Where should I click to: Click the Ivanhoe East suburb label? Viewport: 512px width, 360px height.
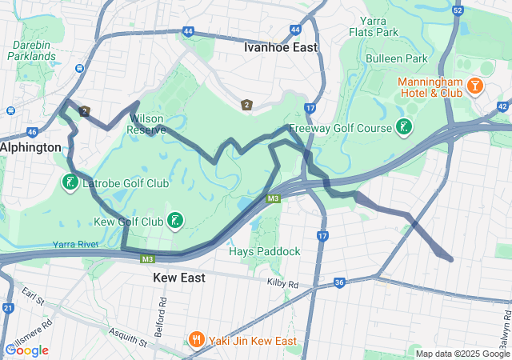(x=280, y=47)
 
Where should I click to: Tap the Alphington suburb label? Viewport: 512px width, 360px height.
(x=30, y=147)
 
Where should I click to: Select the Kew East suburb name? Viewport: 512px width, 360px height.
(x=178, y=278)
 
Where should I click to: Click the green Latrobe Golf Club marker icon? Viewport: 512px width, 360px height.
(x=70, y=183)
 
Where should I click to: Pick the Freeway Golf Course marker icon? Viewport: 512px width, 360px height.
(x=405, y=127)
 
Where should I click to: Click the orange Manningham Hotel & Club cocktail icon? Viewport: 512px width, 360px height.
(x=474, y=85)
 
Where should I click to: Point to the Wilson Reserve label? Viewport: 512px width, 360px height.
(x=147, y=123)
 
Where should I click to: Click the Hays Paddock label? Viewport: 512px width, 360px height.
(x=264, y=251)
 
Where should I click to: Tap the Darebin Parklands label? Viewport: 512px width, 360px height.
(x=32, y=50)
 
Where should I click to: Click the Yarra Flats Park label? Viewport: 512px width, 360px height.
(x=374, y=26)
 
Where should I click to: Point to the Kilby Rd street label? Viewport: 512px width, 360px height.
(x=282, y=284)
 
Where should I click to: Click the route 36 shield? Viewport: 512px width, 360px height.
(x=339, y=282)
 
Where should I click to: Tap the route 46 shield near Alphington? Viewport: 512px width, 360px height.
(x=32, y=132)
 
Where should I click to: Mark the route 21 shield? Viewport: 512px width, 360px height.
(x=8, y=307)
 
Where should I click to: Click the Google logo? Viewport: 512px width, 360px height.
(x=26, y=350)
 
